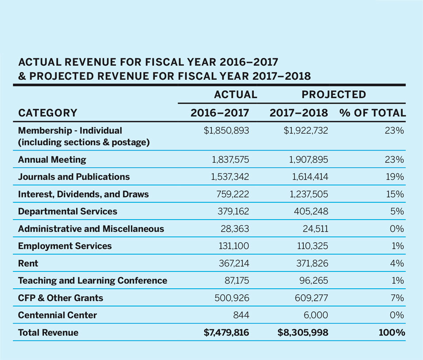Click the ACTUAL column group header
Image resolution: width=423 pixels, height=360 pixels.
tap(235, 94)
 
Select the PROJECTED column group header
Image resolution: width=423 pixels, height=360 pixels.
tap(334, 94)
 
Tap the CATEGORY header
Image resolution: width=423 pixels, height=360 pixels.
tap(47, 113)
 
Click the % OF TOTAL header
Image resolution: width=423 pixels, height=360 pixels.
tap(373, 113)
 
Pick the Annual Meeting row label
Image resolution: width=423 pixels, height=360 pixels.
tap(52, 159)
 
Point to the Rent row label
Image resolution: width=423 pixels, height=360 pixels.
tap(28, 263)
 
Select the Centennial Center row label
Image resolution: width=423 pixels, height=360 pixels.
tap(57, 315)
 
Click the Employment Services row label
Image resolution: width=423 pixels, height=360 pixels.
tap(65, 246)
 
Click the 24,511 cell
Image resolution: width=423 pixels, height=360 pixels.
tap(314, 229)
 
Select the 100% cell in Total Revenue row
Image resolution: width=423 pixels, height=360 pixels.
tap(392, 333)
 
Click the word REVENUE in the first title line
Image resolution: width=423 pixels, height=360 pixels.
tap(83, 62)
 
